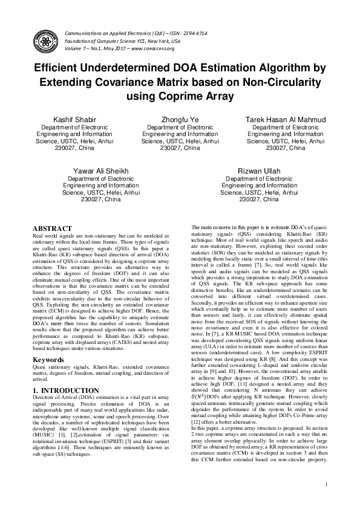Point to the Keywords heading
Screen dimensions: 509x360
[48, 360]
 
